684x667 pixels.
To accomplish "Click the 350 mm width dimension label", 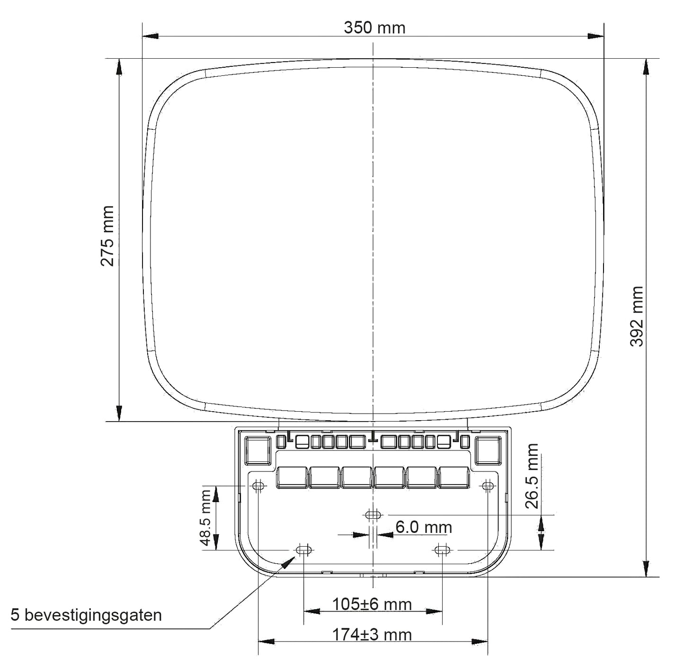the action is pyautogui.click(x=374, y=28).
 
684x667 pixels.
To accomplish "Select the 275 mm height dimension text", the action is pyautogui.click(x=107, y=236).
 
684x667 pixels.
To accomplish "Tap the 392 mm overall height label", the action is pyautogui.click(x=636, y=316).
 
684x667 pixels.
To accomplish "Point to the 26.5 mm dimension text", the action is pyautogui.click(x=532, y=476).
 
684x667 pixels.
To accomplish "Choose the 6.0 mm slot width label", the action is pyautogui.click(x=424, y=527).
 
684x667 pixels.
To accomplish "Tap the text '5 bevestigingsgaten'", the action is pyautogui.click(x=86, y=615).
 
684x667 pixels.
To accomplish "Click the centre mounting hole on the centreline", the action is pyautogui.click(x=373, y=515).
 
